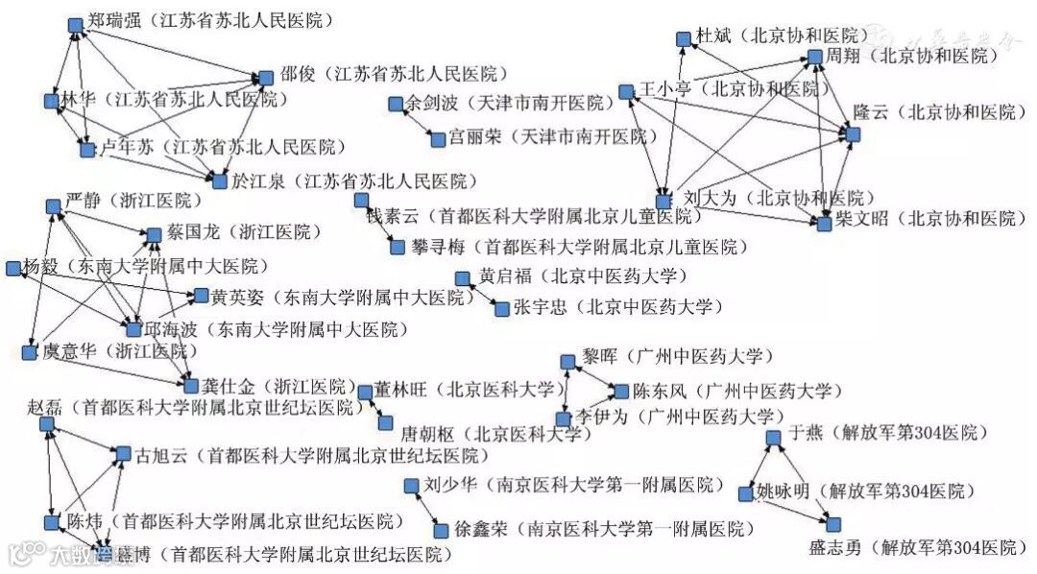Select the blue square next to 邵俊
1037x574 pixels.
pos(266,78)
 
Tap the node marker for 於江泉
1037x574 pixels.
pos(220,180)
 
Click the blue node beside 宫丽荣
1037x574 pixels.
pos(438,139)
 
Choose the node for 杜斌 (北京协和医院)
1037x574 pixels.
pos(684,38)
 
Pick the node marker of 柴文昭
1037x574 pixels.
pos(824,223)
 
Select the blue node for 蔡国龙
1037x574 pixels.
pos(154,233)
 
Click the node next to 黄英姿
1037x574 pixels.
pos(200,295)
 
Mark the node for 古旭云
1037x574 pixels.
pos(123,453)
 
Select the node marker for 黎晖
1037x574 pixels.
pos(567,360)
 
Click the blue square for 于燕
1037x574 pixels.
pos(774,438)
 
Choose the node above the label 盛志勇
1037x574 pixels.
pos(833,524)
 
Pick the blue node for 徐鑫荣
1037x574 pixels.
pos(441,530)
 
